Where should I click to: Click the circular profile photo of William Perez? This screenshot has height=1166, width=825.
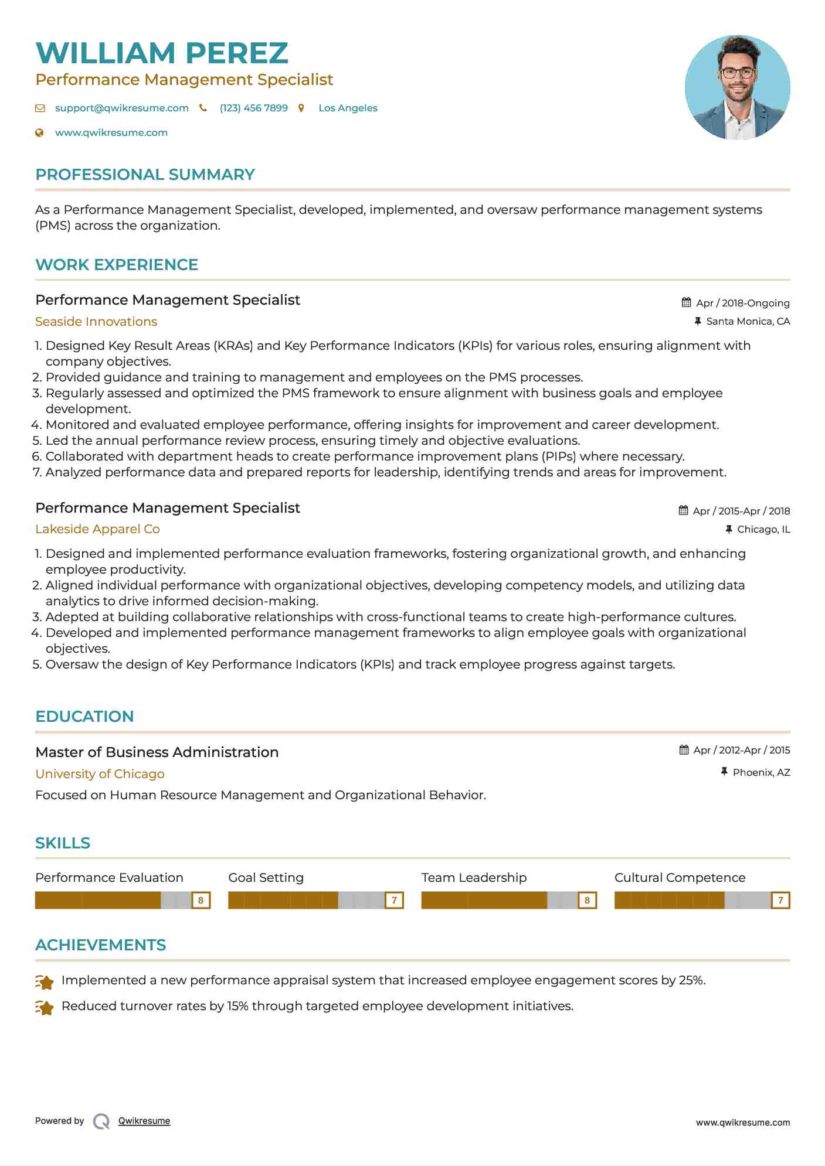pyautogui.click(x=737, y=87)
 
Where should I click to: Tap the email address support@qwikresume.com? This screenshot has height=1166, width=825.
pyautogui.click(x=121, y=108)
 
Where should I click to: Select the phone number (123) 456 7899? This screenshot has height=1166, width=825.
pyautogui.click(x=253, y=108)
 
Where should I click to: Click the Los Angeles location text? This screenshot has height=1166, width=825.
pyautogui.click(x=348, y=108)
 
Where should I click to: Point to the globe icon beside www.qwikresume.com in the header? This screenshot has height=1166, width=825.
pyautogui.click(x=39, y=132)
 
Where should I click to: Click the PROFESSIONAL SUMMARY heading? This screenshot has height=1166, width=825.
pyautogui.click(x=145, y=175)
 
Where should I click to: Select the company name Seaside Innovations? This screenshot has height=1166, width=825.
pyautogui.click(x=96, y=322)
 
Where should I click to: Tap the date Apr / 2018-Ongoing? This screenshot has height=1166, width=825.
pyautogui.click(x=742, y=303)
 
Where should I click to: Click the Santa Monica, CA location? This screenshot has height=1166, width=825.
pyautogui.click(x=748, y=321)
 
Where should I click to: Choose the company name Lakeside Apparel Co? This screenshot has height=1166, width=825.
pyautogui.click(x=97, y=529)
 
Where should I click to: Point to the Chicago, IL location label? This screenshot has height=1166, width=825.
pyautogui.click(x=763, y=529)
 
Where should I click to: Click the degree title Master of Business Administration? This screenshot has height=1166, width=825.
pyautogui.click(x=157, y=752)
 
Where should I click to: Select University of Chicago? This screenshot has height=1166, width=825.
pyautogui.click(x=100, y=774)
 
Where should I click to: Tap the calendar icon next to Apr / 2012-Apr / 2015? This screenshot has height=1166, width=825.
pyautogui.click(x=684, y=750)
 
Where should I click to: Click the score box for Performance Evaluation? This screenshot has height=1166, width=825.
pyautogui.click(x=201, y=900)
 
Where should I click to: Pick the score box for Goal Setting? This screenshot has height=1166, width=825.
pyautogui.click(x=394, y=900)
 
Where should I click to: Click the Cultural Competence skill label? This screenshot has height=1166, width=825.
pyautogui.click(x=680, y=878)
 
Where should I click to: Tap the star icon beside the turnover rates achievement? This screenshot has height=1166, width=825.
pyautogui.click(x=45, y=1007)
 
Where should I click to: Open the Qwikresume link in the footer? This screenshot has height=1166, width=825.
pyautogui.click(x=144, y=1121)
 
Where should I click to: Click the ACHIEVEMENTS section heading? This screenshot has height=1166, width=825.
pyautogui.click(x=100, y=945)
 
